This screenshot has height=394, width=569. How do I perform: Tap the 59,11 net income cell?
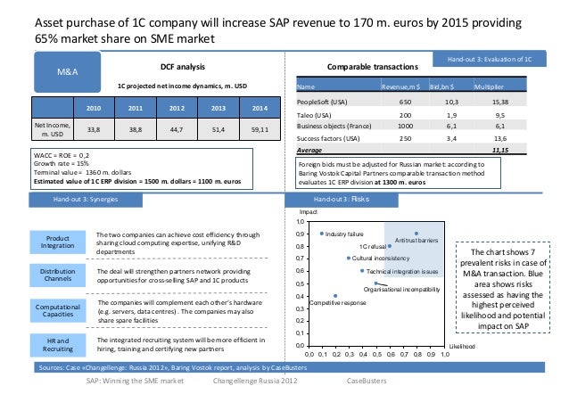[260, 130]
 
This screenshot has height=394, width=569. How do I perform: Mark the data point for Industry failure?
[321, 234]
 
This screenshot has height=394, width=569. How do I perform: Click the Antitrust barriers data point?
[416, 234]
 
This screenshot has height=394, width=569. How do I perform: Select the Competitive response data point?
[335, 296]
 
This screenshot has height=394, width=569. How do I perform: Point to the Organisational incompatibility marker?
[376, 283]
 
